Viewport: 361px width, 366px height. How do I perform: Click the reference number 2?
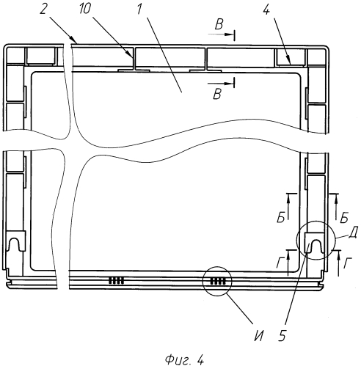coord(43,9)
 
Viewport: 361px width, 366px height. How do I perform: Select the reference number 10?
coord(85,9)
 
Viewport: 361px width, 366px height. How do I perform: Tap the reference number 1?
coord(139,9)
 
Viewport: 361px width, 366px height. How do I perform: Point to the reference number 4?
coord(266,10)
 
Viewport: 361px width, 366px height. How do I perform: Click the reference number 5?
coord(282,336)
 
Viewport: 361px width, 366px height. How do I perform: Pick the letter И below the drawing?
coord(259,336)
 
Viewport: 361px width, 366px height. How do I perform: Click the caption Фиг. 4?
coord(184,359)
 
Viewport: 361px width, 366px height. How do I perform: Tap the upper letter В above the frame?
coord(219,24)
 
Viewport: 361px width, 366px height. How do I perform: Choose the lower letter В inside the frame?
coord(217,94)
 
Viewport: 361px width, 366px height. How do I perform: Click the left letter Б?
coord(281,217)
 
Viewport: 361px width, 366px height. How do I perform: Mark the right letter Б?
coord(344,217)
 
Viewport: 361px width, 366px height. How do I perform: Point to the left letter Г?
coord(280,263)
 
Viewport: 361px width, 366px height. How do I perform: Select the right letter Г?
coord(348,263)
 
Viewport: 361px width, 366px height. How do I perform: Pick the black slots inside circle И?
coord(218,281)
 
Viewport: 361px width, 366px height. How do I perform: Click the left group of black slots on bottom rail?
coord(116,281)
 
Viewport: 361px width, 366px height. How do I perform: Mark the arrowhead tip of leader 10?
coord(134,59)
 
